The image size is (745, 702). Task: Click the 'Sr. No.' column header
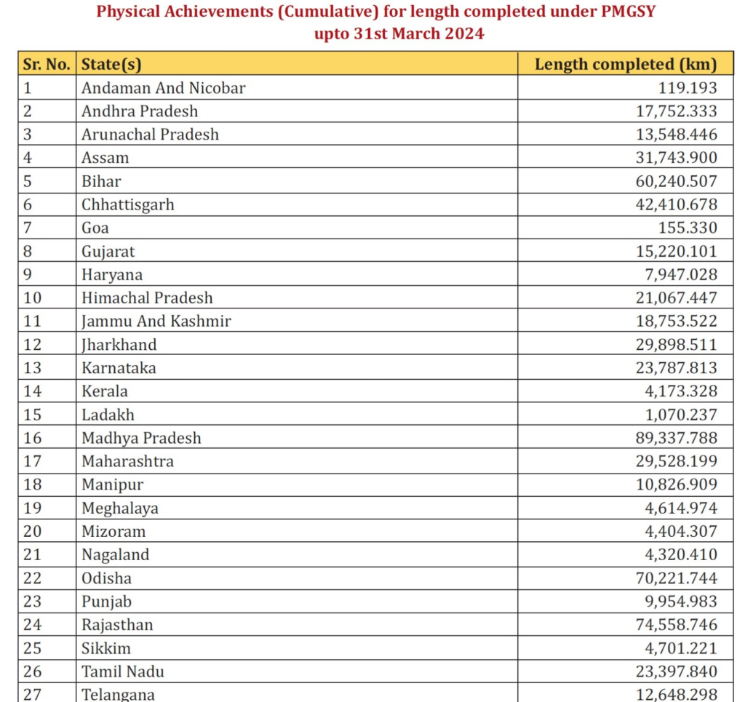(x=47, y=64)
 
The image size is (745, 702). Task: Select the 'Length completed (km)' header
(x=626, y=64)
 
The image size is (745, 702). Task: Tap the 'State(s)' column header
(x=111, y=64)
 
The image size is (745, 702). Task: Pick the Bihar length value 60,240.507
(x=676, y=181)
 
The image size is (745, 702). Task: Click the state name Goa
(x=95, y=228)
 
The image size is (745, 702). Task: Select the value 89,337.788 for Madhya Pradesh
(x=676, y=438)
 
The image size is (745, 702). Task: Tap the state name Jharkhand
(x=119, y=344)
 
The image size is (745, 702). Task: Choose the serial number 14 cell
(x=33, y=391)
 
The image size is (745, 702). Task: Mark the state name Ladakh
(x=108, y=415)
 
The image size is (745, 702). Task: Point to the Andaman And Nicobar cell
(x=164, y=88)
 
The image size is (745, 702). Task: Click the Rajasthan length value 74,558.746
(x=676, y=624)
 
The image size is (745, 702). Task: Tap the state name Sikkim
(x=106, y=647)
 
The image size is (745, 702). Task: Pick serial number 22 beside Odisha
(x=33, y=578)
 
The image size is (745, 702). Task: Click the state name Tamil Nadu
(x=118, y=671)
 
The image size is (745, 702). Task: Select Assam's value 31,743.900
(x=676, y=158)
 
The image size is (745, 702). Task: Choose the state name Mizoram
(x=113, y=531)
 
